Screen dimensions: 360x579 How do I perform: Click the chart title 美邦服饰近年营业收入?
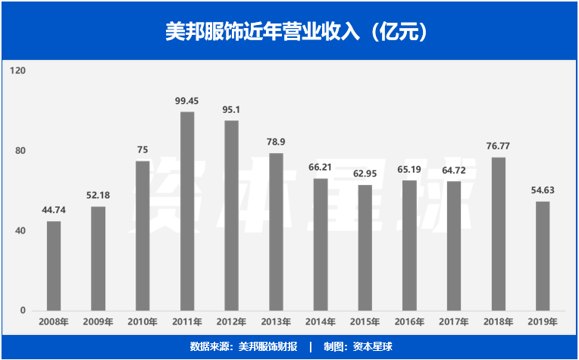(x=289, y=32)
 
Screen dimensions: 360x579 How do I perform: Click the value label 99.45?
(x=187, y=101)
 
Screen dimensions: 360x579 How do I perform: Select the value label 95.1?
(x=232, y=109)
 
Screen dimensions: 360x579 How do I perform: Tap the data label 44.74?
(x=54, y=210)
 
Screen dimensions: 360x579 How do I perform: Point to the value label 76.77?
(x=499, y=146)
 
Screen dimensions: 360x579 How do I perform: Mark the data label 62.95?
(x=365, y=174)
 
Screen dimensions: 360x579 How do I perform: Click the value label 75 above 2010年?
(x=142, y=149)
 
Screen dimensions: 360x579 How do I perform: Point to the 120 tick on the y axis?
(x=18, y=70)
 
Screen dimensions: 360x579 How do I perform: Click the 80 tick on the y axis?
(x=20, y=151)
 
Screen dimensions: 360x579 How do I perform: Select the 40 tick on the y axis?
(x=20, y=230)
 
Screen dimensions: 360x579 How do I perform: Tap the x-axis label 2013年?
(x=276, y=322)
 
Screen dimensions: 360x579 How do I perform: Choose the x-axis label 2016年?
(x=409, y=322)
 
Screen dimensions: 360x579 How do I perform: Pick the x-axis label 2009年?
(x=98, y=322)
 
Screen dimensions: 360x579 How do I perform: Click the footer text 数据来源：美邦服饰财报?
(x=243, y=346)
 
